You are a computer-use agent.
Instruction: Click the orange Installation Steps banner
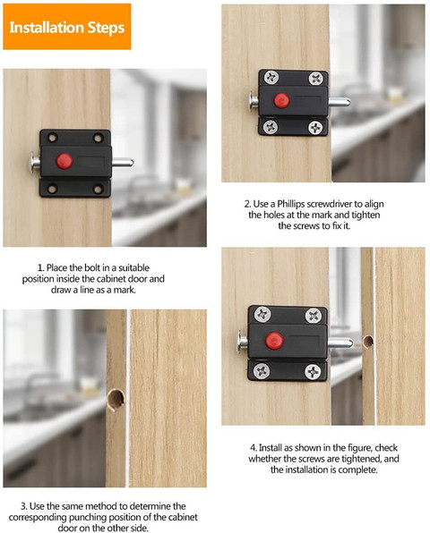[x=67, y=27]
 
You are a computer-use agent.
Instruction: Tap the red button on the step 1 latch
[x=64, y=161]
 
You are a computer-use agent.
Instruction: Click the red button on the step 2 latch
[x=281, y=100]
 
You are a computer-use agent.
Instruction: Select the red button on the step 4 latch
[x=274, y=341]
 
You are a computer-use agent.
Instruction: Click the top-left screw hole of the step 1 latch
[x=53, y=138]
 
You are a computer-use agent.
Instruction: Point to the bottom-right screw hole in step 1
[x=99, y=189]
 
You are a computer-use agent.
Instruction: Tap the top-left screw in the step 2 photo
[x=271, y=78]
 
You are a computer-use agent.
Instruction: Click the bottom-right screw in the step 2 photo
[x=315, y=128]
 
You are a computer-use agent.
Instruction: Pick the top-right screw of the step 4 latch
[x=314, y=316]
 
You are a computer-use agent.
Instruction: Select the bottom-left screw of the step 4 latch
[x=262, y=370]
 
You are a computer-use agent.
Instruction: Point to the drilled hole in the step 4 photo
[x=368, y=342]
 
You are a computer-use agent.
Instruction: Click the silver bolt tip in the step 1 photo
[x=123, y=162]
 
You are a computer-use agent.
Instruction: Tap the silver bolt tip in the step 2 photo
[x=340, y=101]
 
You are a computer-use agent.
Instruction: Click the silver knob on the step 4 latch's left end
[x=243, y=341]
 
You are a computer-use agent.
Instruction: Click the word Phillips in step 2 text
[x=291, y=204]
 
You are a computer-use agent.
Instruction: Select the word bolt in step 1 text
[x=92, y=267]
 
